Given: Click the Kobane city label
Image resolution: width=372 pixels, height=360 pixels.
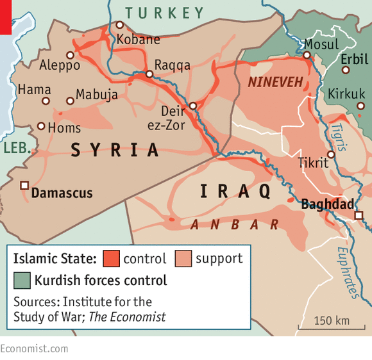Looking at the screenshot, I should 138,40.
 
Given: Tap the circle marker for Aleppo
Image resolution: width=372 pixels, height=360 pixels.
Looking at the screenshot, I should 70,55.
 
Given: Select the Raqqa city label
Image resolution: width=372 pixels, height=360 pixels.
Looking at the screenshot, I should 172,65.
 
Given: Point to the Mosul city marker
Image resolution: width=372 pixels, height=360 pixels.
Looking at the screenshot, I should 307,55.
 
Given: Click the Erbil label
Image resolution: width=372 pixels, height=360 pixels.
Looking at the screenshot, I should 355,59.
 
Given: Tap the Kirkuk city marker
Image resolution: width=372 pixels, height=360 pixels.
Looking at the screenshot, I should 360,106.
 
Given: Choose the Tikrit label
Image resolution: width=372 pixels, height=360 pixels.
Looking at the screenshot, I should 312,163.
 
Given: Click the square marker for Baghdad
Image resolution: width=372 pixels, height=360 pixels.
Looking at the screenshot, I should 359,215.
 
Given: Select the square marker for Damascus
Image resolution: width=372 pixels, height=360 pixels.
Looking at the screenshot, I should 24,185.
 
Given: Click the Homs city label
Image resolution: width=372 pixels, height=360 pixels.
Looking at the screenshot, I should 65,128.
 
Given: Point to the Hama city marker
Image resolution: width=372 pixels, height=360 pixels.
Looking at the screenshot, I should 46,101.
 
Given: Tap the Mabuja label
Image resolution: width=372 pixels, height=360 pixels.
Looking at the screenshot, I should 97,95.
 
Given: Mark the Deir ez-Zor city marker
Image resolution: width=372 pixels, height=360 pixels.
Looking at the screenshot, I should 192,106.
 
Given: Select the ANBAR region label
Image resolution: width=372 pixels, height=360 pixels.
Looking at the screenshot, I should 235,224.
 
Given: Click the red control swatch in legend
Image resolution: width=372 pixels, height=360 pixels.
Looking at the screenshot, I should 110,259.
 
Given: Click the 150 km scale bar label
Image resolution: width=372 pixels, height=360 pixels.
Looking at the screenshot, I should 332,320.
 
